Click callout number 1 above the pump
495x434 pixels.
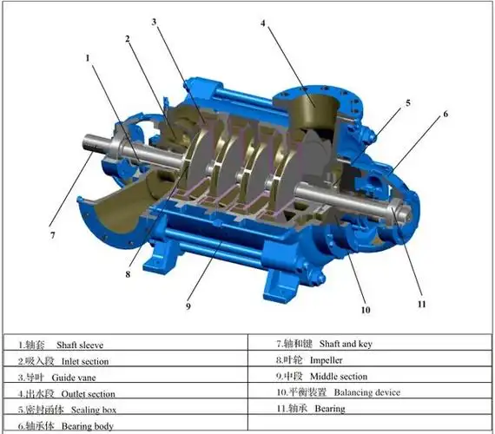tap(88, 58)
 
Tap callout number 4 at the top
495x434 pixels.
tap(263, 23)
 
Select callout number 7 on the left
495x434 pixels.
tap(52, 235)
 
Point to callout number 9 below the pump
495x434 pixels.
tap(188, 306)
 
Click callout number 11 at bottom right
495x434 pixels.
tap(422, 304)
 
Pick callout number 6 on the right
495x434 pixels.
tap(445, 114)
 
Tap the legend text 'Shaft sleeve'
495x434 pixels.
tap(80, 345)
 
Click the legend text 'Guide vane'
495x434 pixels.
tap(74, 378)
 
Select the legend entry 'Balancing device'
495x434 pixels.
tap(367, 392)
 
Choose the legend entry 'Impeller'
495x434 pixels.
tap(327, 360)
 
